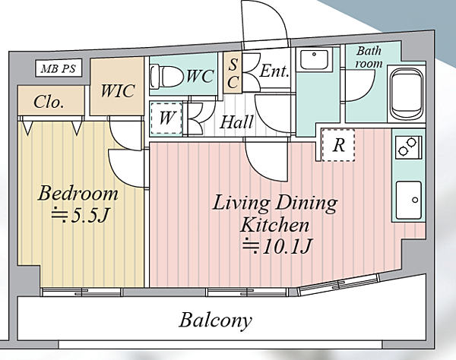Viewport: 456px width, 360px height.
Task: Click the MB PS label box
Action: pyautogui.click(x=59, y=68)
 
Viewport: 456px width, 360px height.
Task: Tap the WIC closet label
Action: pyautogui.click(x=118, y=90)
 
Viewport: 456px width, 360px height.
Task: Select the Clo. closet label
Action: pyautogui.click(x=49, y=102)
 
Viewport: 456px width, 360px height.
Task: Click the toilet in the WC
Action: pyautogui.click(x=166, y=76)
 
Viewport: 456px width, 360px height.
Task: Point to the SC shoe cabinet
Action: pyautogui.click(x=233, y=73)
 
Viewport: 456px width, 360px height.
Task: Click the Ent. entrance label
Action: pyautogui.click(x=274, y=71)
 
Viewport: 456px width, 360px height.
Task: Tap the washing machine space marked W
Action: pyautogui.click(x=166, y=118)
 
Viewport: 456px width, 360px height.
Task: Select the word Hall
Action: pyautogui.click(x=236, y=122)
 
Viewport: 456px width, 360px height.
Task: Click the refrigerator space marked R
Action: pyautogui.click(x=338, y=145)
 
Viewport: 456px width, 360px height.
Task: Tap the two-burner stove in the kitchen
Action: pyautogui.click(x=408, y=147)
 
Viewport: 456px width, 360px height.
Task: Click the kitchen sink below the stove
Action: pyautogui.click(x=409, y=200)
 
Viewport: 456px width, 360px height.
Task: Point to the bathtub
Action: pyautogui.click(x=407, y=94)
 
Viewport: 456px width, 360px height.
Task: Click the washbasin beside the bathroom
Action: pyautogui.click(x=314, y=59)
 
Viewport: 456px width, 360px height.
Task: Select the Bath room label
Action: pyautogui.click(x=369, y=57)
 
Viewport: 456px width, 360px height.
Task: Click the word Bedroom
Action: pyautogui.click(x=78, y=193)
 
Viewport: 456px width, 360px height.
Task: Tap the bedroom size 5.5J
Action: pyautogui.click(x=81, y=215)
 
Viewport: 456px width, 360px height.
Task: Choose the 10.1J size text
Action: pyautogui.click(x=277, y=247)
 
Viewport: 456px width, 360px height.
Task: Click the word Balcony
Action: pyautogui.click(x=216, y=321)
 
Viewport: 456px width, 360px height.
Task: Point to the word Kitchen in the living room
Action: pyautogui.click(x=274, y=225)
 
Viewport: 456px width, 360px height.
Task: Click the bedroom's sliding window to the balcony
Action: pyautogui.click(x=82, y=292)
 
